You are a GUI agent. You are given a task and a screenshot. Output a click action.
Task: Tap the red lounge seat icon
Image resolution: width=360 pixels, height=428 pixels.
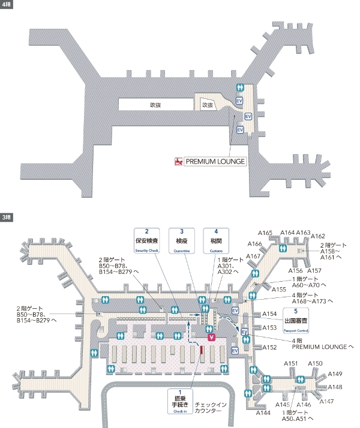178,161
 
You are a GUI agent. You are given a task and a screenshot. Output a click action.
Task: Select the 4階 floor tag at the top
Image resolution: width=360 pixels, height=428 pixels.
7,4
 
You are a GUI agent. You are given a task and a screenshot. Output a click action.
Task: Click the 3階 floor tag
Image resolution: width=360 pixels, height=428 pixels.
7,216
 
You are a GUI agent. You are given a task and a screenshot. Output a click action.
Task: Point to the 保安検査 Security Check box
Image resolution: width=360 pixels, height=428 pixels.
146,240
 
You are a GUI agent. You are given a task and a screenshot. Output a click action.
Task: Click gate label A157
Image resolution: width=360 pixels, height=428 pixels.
314,271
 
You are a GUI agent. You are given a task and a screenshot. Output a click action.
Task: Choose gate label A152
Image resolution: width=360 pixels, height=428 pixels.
269,347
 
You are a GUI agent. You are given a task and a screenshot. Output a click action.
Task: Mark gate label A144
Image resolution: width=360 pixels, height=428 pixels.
263,413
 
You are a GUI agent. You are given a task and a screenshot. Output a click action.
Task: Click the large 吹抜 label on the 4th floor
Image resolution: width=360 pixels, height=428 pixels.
156,104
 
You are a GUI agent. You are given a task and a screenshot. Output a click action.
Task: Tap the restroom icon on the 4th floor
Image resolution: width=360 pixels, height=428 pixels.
241,87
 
